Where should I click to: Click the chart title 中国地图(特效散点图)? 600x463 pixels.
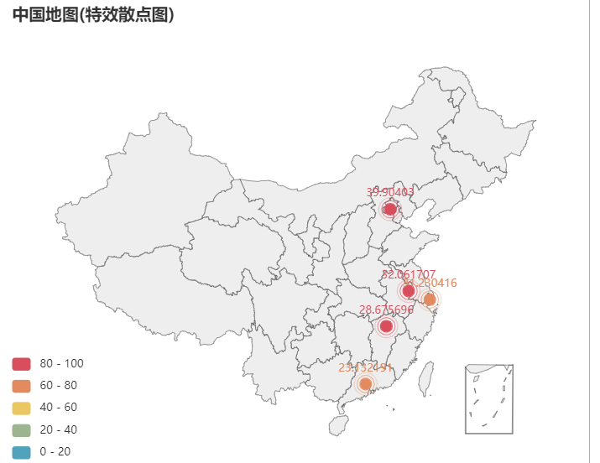click(x=93, y=14)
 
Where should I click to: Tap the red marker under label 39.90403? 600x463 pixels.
click(x=389, y=209)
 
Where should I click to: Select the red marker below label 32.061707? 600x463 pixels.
click(x=409, y=291)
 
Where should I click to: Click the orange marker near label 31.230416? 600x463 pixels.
click(x=430, y=299)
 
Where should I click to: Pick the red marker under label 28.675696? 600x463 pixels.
click(x=387, y=326)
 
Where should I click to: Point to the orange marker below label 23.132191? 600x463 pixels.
click(x=366, y=384)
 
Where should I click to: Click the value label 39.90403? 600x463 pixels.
click(x=390, y=192)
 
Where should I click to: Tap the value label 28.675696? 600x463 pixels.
click(x=386, y=310)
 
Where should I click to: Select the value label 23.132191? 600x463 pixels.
click(x=365, y=367)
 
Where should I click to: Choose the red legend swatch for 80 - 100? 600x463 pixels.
click(x=22, y=364)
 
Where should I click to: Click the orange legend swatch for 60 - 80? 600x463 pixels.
click(x=22, y=386)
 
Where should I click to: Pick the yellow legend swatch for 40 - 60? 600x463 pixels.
click(x=22, y=408)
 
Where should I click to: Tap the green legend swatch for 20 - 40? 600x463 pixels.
click(x=22, y=429)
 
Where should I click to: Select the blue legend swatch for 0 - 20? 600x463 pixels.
click(x=22, y=451)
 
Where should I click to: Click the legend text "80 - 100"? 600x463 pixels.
click(x=62, y=364)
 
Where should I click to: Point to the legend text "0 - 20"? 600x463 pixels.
click(x=55, y=451)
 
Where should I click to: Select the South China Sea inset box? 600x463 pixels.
click(x=489, y=399)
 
